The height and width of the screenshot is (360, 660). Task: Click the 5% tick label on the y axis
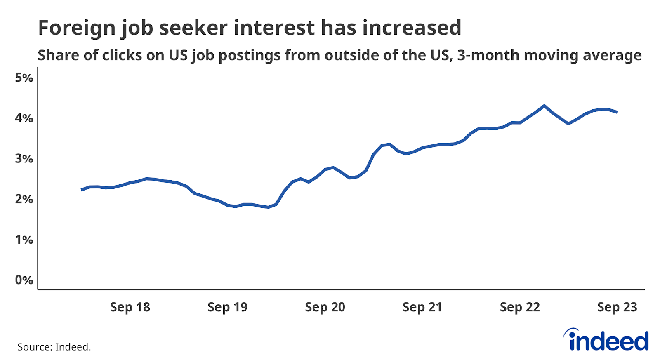click(x=24, y=78)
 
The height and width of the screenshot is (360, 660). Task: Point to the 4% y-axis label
click(x=24, y=118)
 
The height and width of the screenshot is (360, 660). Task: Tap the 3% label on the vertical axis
click(x=24, y=159)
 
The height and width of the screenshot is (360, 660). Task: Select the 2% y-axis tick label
click(x=24, y=199)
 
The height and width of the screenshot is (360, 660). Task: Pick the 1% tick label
click(x=24, y=240)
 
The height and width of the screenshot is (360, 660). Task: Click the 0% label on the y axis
click(x=24, y=280)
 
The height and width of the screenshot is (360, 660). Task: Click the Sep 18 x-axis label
click(x=130, y=307)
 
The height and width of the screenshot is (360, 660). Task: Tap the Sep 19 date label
click(x=227, y=307)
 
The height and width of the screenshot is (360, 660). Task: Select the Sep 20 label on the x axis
click(x=325, y=307)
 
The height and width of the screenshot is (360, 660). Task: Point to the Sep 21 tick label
click(x=422, y=307)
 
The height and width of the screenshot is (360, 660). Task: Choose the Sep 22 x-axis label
click(x=520, y=307)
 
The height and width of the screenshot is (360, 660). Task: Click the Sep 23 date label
click(x=617, y=307)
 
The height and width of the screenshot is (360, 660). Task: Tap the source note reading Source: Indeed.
click(x=54, y=347)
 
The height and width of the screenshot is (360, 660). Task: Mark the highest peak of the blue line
click(x=544, y=106)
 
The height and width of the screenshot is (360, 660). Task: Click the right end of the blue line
click(x=617, y=112)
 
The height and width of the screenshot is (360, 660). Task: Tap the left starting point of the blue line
click(x=82, y=190)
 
